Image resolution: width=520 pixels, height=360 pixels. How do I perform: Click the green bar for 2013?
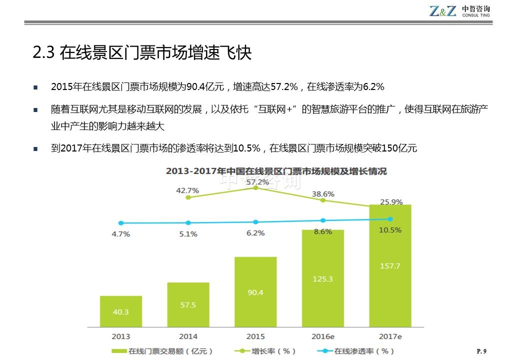tap(120, 311)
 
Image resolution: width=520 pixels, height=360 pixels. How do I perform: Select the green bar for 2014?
tap(188, 304)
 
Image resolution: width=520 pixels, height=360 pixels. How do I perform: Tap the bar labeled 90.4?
tap(255, 292)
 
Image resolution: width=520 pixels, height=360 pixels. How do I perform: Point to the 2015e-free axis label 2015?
tap(255, 336)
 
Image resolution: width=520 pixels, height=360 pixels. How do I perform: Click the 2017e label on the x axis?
tap(390, 336)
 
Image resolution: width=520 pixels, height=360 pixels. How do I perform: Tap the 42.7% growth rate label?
tap(187, 190)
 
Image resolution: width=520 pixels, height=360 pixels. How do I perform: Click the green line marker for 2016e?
tap(323, 200)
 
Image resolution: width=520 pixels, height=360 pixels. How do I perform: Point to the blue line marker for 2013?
tap(120, 223)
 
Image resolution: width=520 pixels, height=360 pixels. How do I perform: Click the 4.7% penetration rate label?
tap(120, 233)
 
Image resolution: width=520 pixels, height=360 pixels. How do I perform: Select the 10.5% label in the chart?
tap(390, 230)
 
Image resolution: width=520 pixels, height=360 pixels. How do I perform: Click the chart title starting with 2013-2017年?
tap(276, 171)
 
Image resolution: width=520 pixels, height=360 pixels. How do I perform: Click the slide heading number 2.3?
tap(43, 53)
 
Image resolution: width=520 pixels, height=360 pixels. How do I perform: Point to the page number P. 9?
tap(481, 351)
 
